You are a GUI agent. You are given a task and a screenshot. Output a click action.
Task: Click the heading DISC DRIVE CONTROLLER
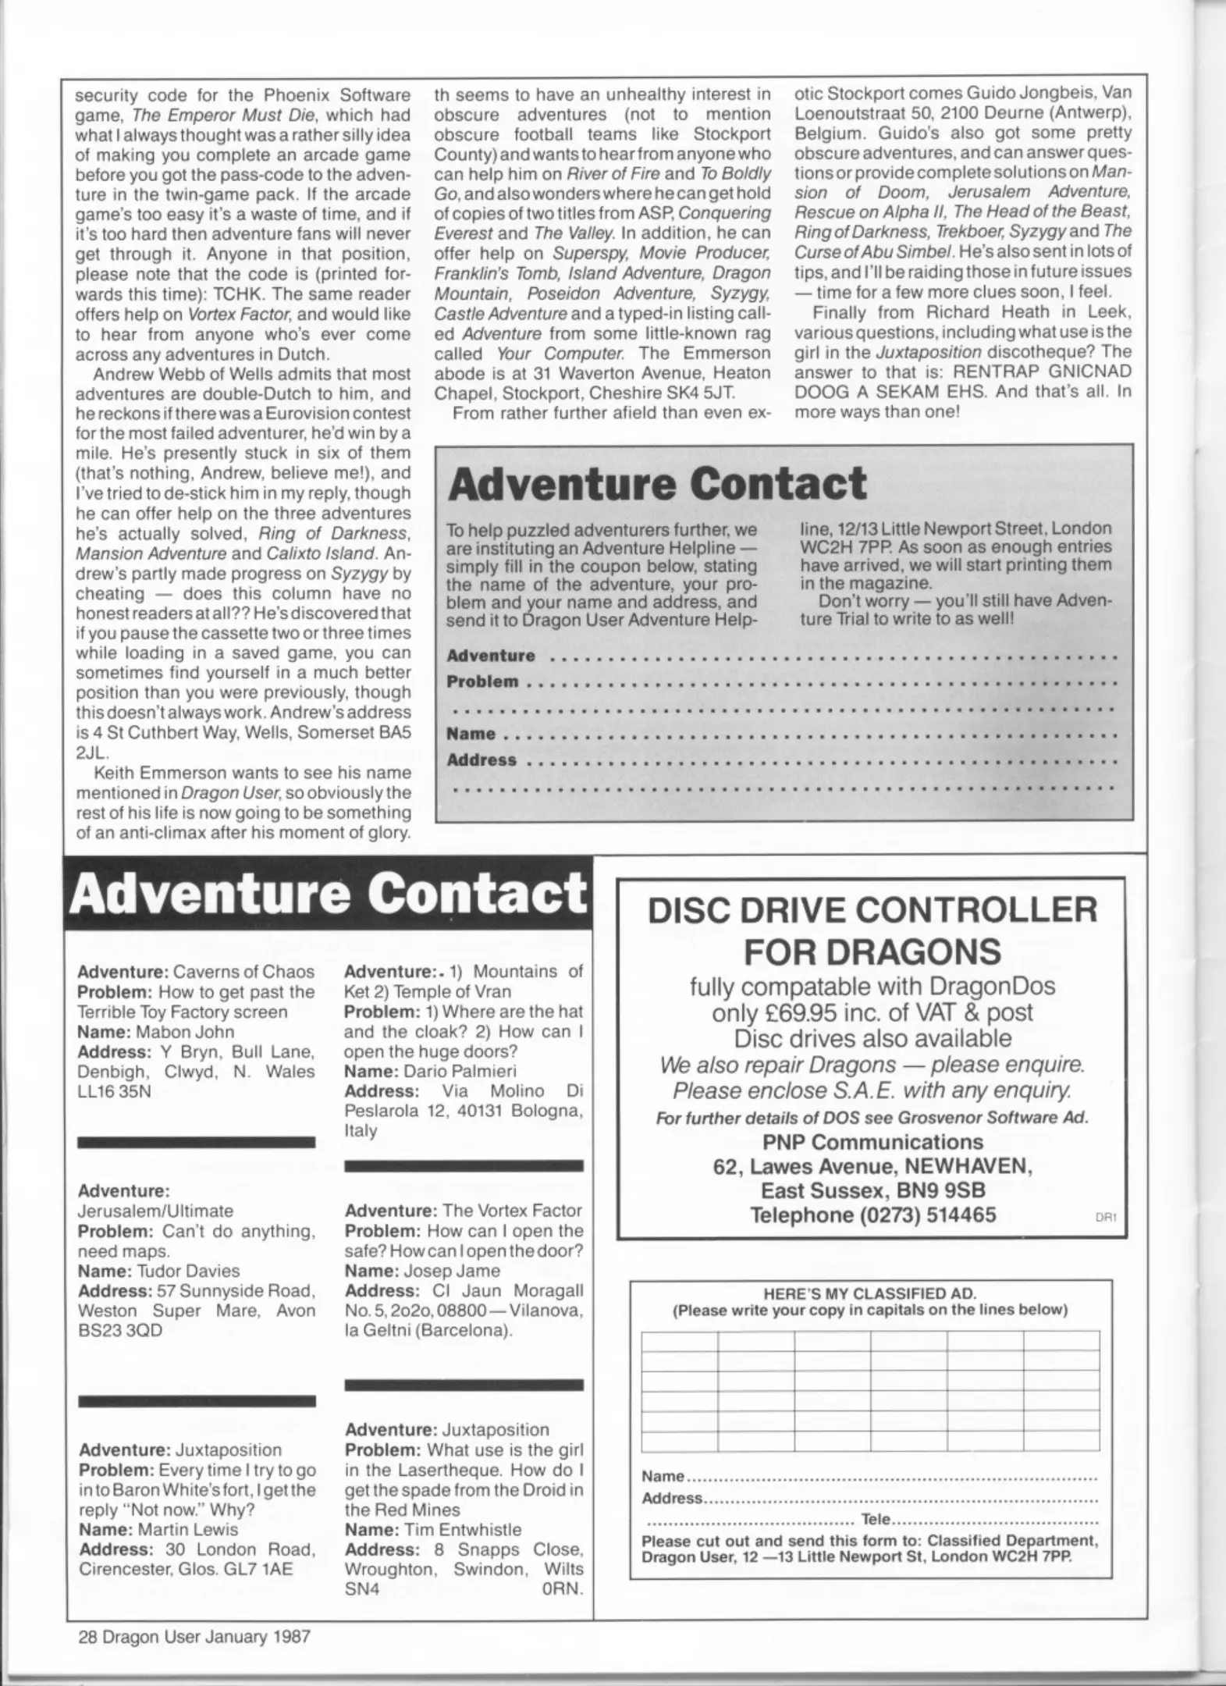872,909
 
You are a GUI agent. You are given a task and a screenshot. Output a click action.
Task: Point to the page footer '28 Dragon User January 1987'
194,1636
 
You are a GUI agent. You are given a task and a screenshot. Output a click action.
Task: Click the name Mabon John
186,1032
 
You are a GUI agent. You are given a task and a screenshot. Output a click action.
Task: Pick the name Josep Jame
450,1271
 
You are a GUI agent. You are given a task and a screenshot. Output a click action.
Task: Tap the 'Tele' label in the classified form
875,1520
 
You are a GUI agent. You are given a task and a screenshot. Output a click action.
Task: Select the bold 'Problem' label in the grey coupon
482,681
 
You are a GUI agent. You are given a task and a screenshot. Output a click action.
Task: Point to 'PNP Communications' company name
872,1142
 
